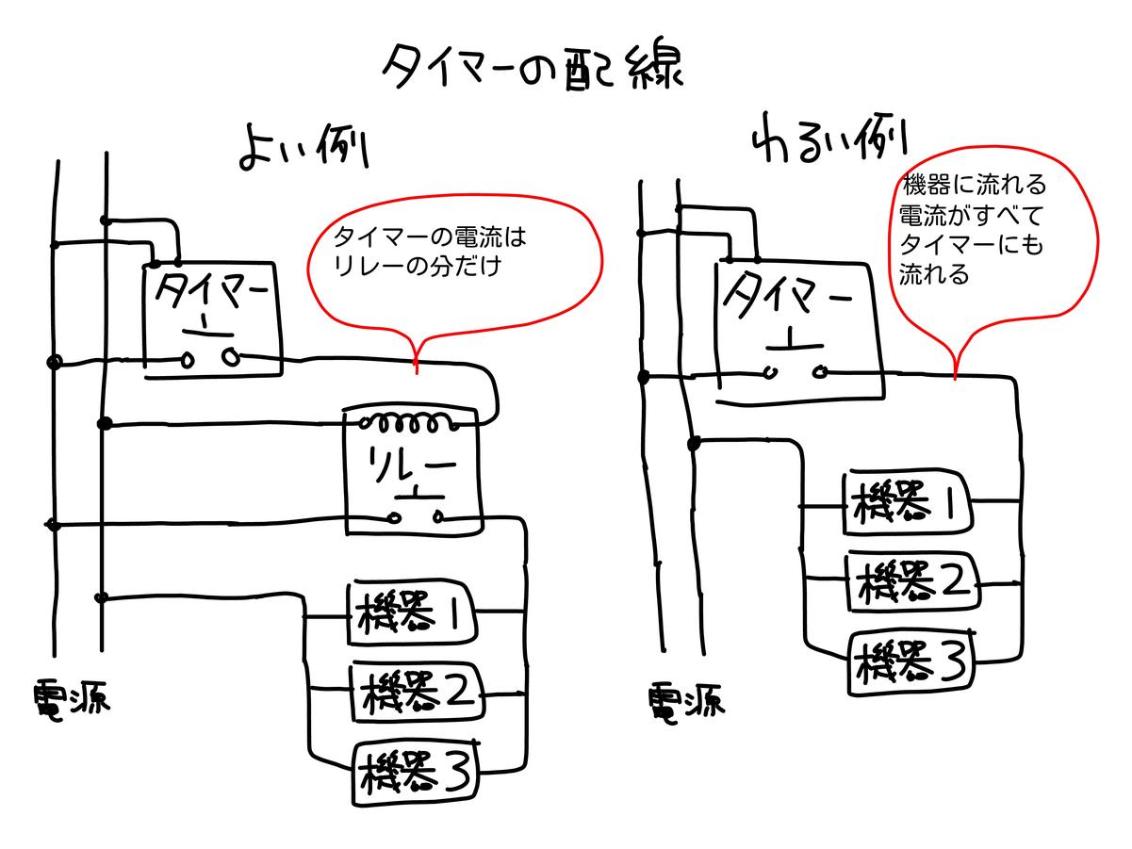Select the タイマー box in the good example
point(213,319)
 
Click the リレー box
point(413,470)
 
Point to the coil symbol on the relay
point(413,421)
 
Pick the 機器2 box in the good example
point(415,694)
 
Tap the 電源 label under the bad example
point(685,702)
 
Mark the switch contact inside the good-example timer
point(209,357)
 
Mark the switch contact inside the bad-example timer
point(797,371)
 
